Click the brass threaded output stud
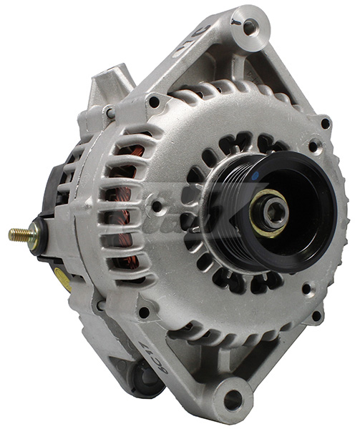click(19, 234)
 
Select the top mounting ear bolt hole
click(249, 27)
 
